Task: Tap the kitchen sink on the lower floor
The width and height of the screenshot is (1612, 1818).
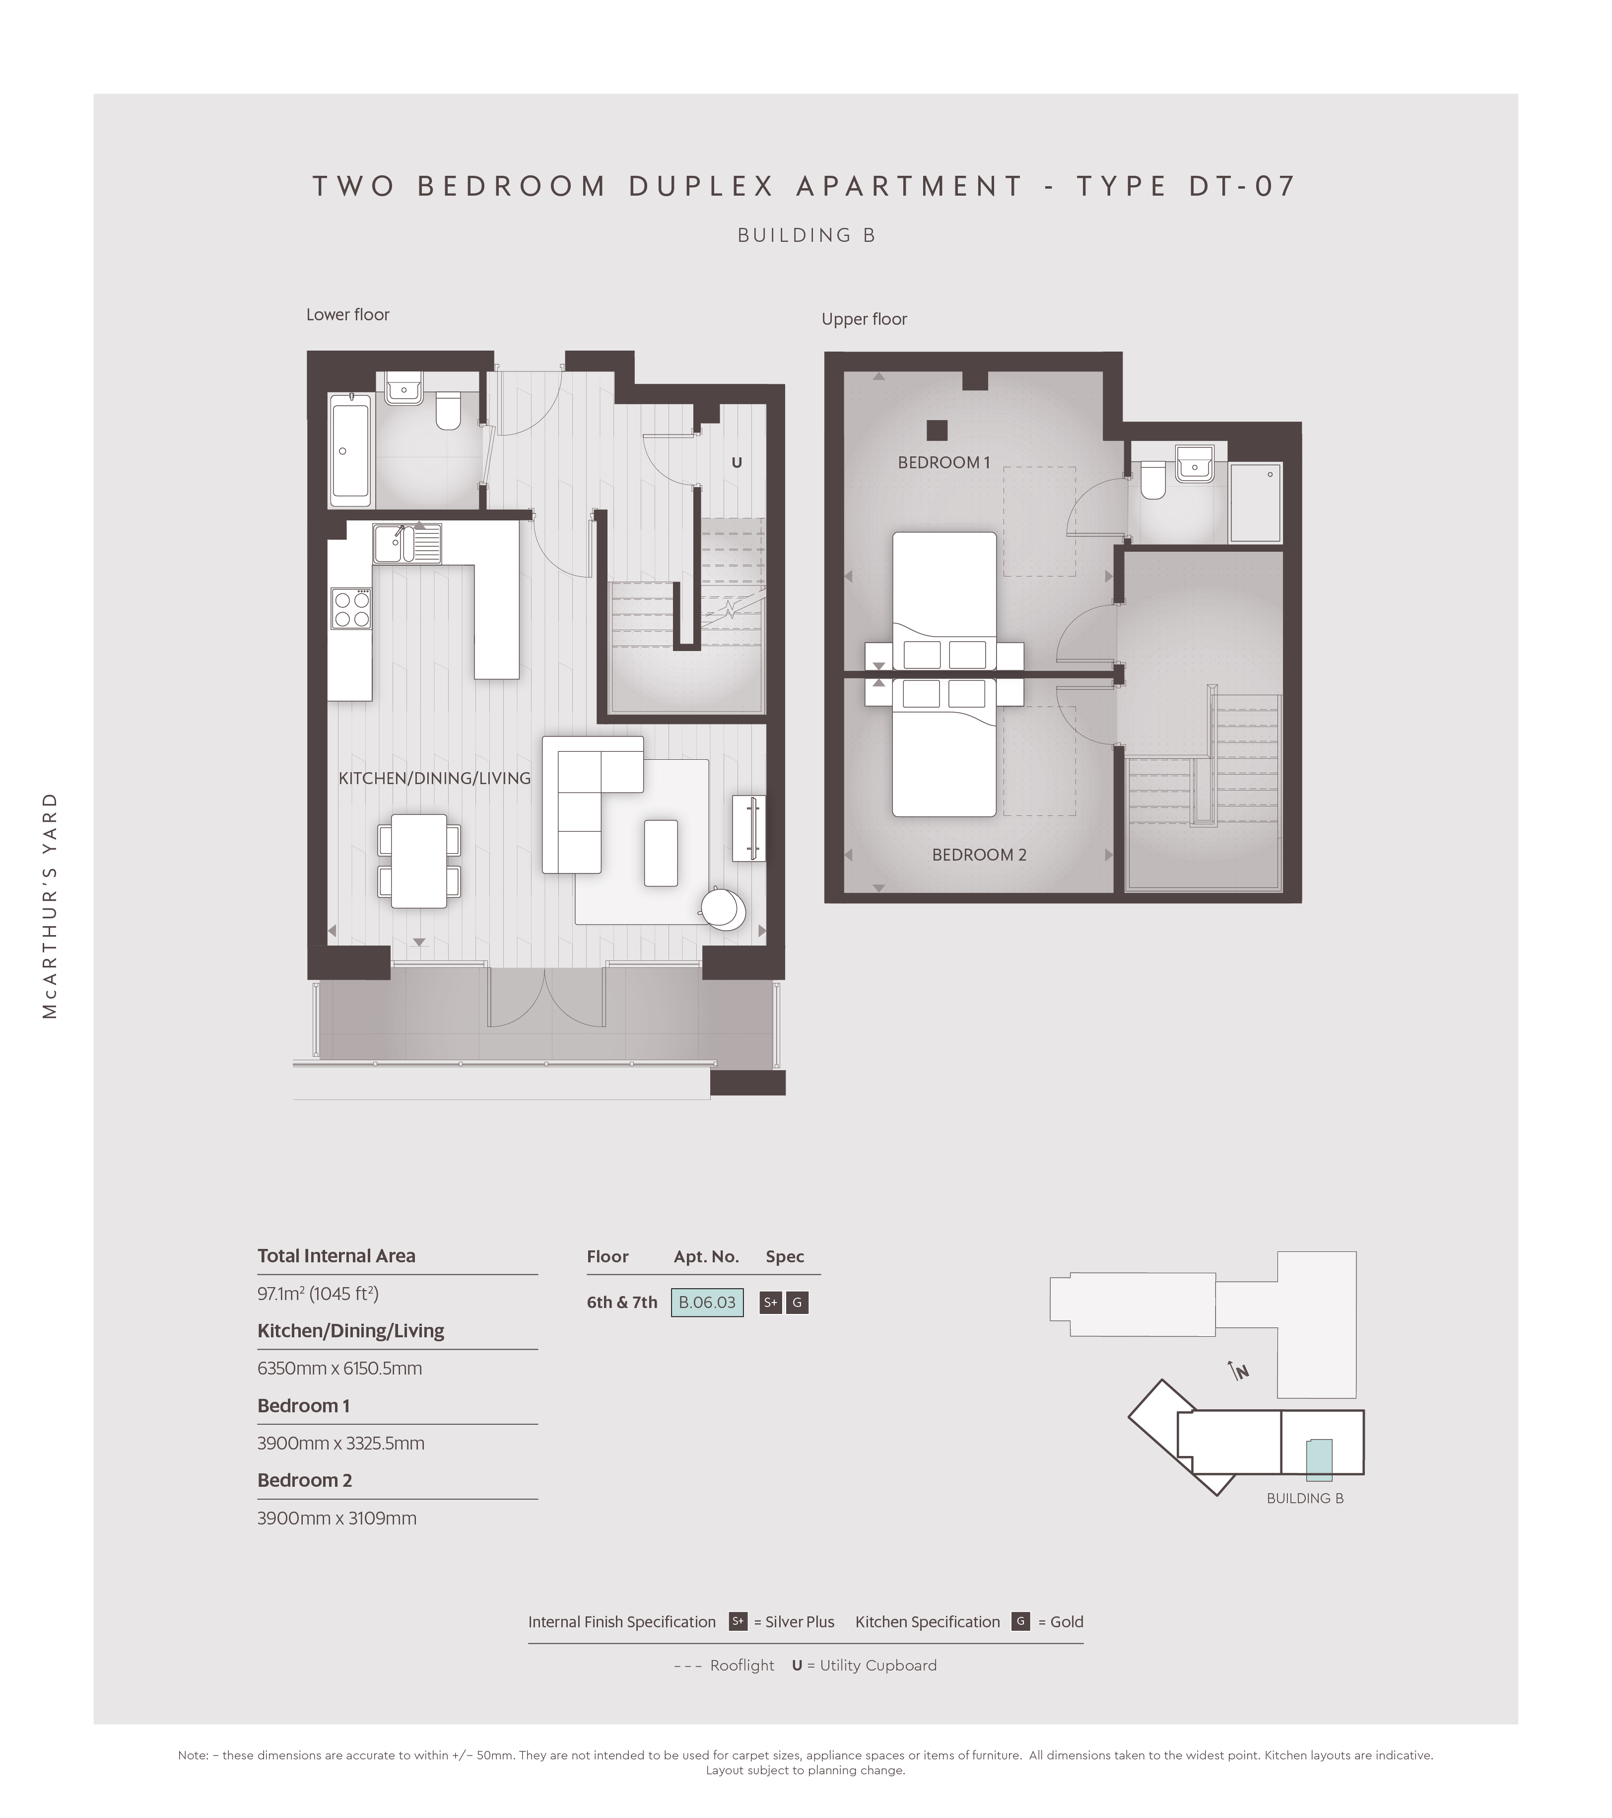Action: (x=407, y=543)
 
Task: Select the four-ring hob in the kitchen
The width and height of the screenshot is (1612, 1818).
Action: (x=351, y=608)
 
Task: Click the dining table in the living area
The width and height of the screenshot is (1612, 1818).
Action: (x=419, y=861)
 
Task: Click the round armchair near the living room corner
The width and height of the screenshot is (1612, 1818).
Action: (x=723, y=908)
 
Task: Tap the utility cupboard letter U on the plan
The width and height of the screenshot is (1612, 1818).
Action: (x=736, y=462)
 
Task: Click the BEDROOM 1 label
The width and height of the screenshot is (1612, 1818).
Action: (x=943, y=462)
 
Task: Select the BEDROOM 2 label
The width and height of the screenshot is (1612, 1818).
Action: (x=979, y=855)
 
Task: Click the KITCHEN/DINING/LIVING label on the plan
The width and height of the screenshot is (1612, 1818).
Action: (x=435, y=778)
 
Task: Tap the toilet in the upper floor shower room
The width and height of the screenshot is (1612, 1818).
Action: (x=1153, y=480)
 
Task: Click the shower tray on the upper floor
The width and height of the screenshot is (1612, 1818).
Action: (x=1256, y=503)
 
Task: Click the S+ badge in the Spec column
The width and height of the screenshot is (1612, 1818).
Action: (x=770, y=1303)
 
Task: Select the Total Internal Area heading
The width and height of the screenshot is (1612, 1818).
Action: (x=336, y=1256)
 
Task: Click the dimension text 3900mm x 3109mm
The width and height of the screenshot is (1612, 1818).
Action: (x=337, y=1518)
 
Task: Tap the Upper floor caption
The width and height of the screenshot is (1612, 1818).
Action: (x=864, y=319)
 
